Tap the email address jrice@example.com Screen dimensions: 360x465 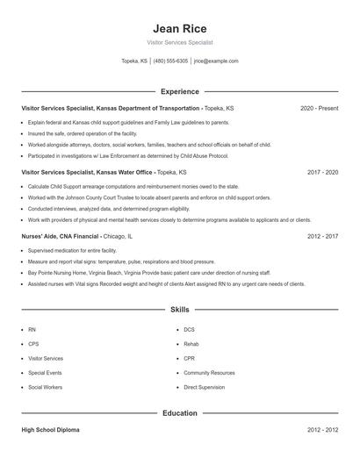point(216,61)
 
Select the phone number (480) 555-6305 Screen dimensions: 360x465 point(170,61)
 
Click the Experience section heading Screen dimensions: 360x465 point(179,91)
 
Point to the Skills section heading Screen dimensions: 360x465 point(179,310)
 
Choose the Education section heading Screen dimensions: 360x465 point(179,412)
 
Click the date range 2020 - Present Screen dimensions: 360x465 point(319,108)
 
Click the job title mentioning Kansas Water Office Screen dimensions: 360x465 point(104,173)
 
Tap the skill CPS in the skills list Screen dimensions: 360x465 point(33,344)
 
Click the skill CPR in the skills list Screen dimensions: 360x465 point(189,358)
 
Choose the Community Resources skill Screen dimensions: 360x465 point(209,373)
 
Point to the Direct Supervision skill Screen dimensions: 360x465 point(205,387)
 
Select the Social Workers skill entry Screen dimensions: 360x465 point(46,387)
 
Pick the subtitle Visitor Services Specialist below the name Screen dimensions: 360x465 point(179,42)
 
